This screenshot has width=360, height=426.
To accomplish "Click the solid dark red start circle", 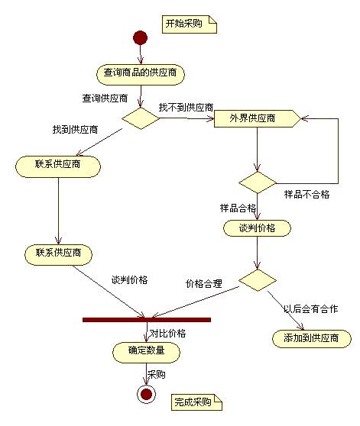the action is click(141, 37).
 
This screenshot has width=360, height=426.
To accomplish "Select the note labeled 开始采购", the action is click(190, 24).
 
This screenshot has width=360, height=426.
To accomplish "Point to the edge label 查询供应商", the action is click(105, 98).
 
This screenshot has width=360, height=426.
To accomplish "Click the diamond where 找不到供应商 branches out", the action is click(141, 118).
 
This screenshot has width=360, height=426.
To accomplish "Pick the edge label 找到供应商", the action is click(75, 129).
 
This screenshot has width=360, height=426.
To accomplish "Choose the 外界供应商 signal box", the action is click(258, 118).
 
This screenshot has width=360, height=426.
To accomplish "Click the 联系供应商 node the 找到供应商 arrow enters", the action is click(58, 166).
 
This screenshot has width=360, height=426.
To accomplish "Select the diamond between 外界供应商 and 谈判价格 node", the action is click(258, 182).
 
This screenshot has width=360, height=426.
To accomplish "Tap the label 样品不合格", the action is click(306, 194).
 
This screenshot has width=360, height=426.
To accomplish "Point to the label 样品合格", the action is click(238, 208).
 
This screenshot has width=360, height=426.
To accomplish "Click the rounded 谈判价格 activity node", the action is click(257, 228).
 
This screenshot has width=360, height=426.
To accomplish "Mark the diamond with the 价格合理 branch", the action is click(258, 280).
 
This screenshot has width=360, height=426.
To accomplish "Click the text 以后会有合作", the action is click(310, 309).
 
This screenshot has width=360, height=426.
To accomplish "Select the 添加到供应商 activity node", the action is click(312, 338).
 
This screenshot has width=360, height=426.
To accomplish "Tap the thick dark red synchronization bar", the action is click(147, 320).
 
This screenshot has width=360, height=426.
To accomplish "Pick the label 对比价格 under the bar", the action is click(167, 334).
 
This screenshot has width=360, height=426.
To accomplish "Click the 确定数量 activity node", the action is click(146, 353).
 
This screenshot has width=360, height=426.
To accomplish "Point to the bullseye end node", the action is click(146, 394).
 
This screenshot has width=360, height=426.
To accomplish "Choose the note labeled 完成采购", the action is click(196, 402).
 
